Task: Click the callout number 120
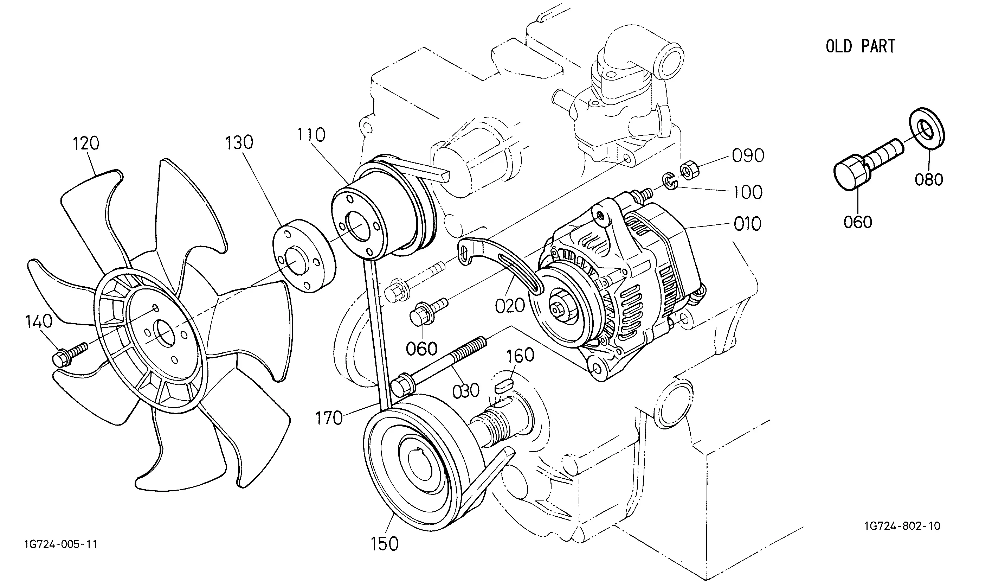point(86,143)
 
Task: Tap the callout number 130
point(239,142)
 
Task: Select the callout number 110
point(311,135)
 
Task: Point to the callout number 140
point(39,321)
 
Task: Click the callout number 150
point(385,544)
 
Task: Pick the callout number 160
point(521,356)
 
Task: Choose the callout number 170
point(329,418)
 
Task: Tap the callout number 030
point(466,391)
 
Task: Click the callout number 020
point(510,306)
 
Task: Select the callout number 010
point(747,224)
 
